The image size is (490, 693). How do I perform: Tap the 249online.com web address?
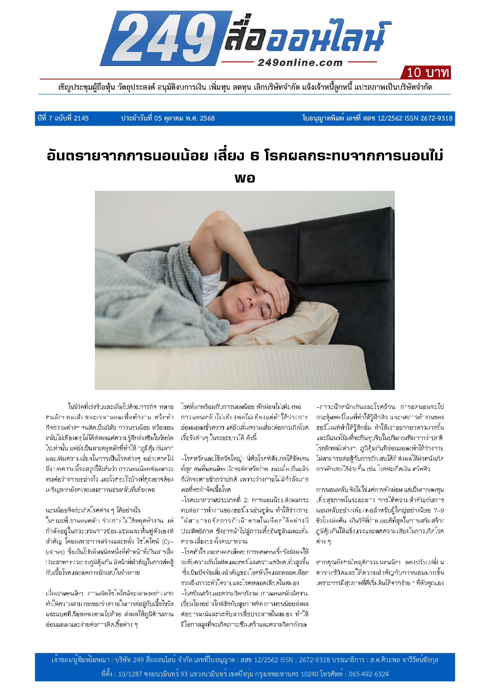coord(300,62)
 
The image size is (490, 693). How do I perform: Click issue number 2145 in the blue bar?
coord(81,118)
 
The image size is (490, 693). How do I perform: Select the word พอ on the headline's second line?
coord(245,178)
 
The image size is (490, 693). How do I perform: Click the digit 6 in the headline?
coord(255,156)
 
